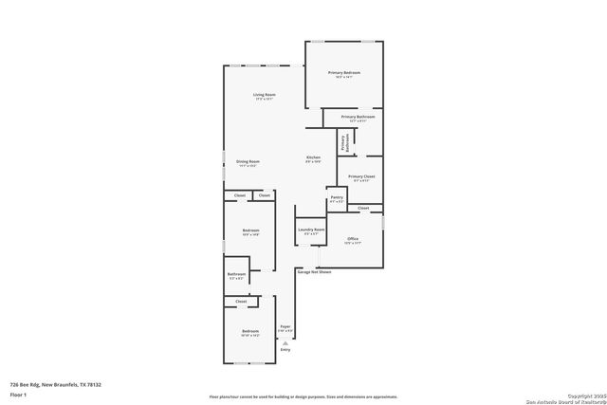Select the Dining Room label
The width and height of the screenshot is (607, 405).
pos(248,163)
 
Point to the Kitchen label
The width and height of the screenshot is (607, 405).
pos(313,158)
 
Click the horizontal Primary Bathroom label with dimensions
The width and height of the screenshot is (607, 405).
pos(359,118)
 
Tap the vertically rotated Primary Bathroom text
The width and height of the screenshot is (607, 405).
pos(346,142)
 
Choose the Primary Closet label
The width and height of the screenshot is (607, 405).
pos(361,178)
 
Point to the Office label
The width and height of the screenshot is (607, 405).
pos(353,240)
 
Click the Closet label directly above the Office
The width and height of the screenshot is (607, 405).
pos(363,208)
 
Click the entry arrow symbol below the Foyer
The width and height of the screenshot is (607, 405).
pos(285,342)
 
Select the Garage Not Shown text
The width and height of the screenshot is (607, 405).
pos(314,272)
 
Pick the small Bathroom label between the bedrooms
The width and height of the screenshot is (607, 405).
pos(236,276)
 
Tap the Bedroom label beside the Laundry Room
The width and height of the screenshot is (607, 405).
pos(250,232)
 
